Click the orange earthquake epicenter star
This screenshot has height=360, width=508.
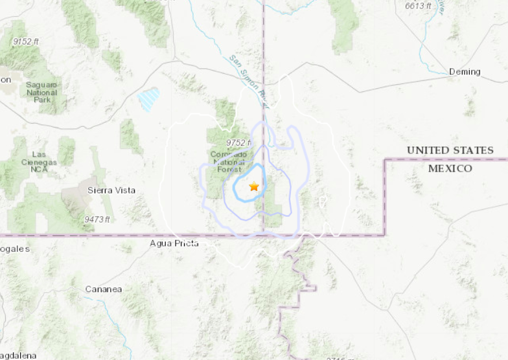coord(254,186)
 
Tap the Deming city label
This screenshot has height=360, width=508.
coord(465,72)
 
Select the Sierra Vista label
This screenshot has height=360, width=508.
coord(111,190)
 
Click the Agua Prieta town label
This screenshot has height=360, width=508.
coord(174,243)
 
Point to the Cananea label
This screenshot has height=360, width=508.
coord(103,289)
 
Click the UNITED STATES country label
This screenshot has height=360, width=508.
coord(450,150)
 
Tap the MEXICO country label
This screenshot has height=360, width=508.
coord(450,168)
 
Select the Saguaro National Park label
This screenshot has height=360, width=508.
coord(42,93)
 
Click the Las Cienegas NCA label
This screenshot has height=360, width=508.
coord(39,163)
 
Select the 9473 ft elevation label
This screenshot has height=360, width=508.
coord(97,220)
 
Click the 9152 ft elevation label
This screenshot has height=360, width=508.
coord(25,41)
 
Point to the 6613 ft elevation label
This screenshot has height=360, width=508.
coord(419,6)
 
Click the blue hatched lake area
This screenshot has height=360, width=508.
coord(148,99)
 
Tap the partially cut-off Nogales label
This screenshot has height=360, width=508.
coord(14,249)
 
